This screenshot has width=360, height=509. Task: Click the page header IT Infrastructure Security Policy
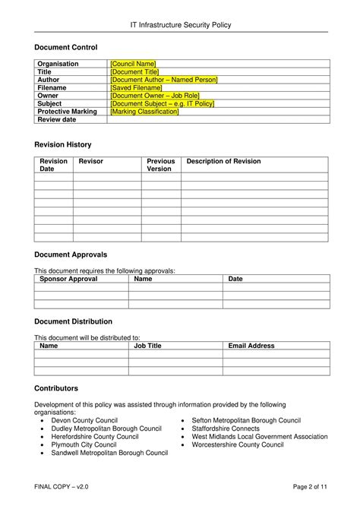[180, 25]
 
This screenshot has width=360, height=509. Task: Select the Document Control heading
[66, 48]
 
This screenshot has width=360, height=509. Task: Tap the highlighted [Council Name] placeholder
[133, 64]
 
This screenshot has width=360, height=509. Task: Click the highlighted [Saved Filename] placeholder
[137, 87]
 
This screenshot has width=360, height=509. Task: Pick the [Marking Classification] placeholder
[144, 112]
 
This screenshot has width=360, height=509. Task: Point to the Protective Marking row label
[68, 112]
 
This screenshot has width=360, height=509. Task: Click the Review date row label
[58, 120]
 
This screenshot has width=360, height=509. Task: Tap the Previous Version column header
[160, 165]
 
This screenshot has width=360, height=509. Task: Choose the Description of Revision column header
[223, 161]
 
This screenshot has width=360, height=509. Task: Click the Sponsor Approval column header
[68, 279]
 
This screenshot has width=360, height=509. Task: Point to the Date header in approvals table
[235, 279]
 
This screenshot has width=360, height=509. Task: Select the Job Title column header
[147, 346]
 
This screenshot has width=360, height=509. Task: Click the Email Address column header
[251, 346]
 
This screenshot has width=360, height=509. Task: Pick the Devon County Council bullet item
[84, 420]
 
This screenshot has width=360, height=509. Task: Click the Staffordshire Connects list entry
[226, 428]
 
